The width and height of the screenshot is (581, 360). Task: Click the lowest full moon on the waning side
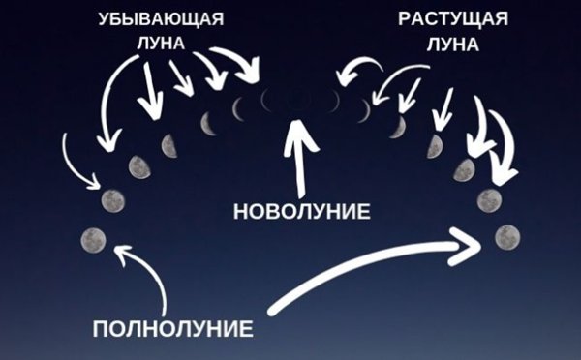pos(94,239)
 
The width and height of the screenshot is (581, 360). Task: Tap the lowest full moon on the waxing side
pos(506,236)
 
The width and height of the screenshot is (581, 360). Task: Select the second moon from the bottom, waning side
pos(113,201)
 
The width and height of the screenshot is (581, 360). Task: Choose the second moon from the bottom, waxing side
pos(489,200)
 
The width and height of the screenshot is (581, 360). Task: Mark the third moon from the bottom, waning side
pos(139,167)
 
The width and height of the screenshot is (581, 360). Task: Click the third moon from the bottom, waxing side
pos(465,170)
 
